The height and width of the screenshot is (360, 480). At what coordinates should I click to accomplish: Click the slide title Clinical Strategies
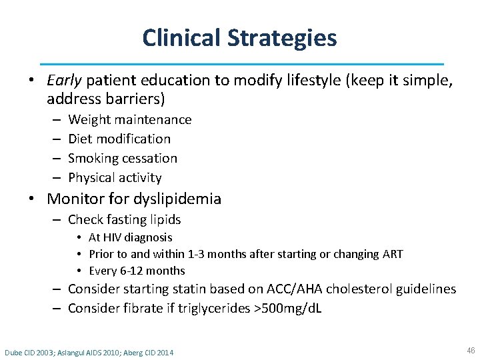239,38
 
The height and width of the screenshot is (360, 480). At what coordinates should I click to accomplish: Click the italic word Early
64,81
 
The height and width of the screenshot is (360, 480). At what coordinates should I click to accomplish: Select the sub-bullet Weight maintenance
129,120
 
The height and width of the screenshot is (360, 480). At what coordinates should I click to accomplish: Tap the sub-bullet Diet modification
119,139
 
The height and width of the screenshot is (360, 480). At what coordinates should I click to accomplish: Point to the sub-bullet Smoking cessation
123,158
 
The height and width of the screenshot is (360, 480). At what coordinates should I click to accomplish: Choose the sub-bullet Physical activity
115,177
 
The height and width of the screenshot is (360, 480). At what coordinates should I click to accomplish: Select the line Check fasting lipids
124,219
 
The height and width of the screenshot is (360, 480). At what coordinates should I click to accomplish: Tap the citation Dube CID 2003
30,352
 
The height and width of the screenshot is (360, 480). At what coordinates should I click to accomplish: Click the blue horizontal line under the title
241,63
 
